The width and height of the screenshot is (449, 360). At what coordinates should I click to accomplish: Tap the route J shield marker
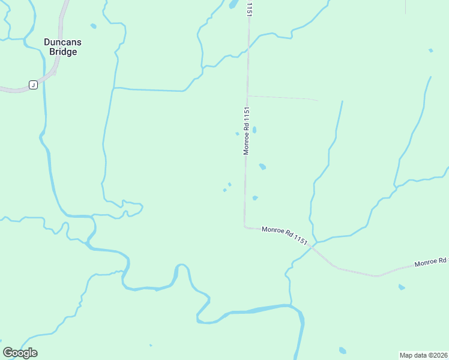tap(33, 85)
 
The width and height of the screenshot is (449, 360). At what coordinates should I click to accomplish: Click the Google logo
tap(20, 353)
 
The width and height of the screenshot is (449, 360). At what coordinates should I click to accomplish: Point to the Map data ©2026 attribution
tap(423, 355)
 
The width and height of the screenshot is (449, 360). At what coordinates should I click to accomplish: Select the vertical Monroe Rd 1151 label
tap(246, 131)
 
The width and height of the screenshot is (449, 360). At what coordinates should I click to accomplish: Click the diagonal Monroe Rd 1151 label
tap(285, 235)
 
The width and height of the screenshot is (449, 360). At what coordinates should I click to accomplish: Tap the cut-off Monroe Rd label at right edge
tap(431, 263)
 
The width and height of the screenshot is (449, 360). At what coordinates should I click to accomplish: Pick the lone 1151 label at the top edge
tap(247, 8)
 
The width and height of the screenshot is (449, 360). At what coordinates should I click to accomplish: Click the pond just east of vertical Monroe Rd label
tap(255, 130)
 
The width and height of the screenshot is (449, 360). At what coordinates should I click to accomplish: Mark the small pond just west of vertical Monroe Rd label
tap(237, 134)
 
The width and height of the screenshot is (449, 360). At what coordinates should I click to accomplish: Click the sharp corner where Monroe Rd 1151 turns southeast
tap(245, 226)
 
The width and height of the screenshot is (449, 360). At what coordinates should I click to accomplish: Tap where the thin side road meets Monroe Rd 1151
tap(247, 95)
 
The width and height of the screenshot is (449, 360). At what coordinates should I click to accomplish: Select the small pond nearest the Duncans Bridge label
tap(93, 26)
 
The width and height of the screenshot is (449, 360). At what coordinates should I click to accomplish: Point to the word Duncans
tap(62, 42)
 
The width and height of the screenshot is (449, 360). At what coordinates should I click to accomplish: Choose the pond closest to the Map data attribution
tap(342, 350)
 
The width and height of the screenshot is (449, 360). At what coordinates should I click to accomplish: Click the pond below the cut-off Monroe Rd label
tap(402, 287)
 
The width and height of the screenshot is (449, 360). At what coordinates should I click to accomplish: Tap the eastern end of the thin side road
tap(318, 100)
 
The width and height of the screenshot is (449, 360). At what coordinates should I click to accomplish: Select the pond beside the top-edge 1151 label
tap(232, 5)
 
